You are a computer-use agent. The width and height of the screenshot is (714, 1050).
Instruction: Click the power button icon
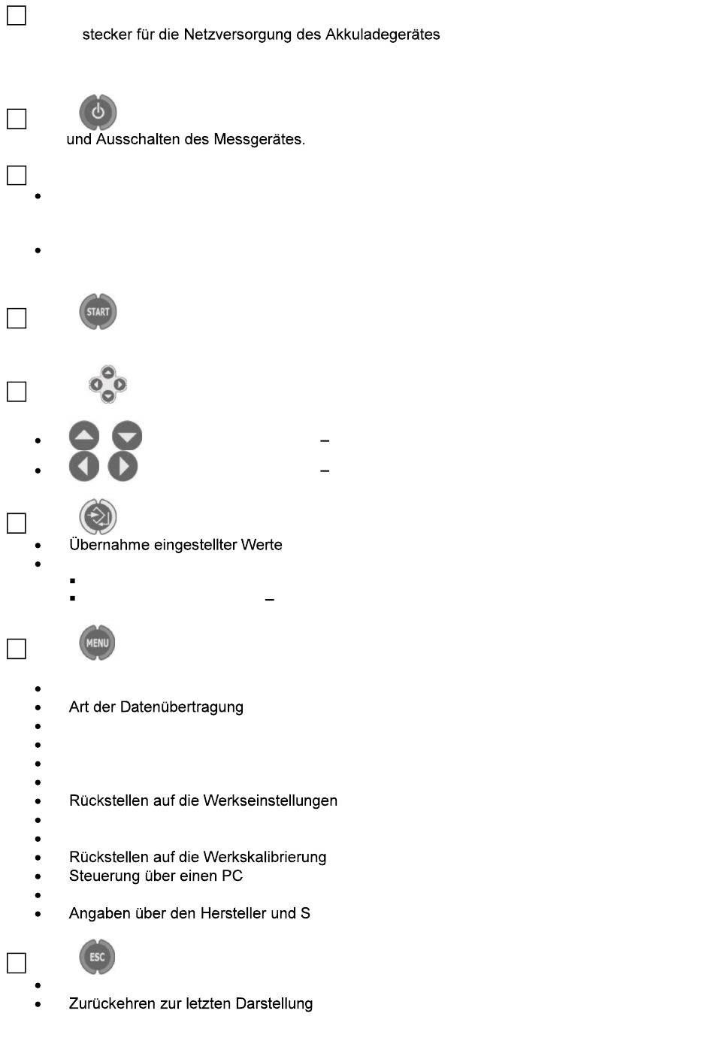(x=98, y=113)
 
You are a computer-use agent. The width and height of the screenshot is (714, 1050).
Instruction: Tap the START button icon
(x=98, y=312)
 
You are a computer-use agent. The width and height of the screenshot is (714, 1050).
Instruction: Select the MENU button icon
(x=97, y=643)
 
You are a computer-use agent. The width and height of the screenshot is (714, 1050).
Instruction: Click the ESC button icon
(x=97, y=957)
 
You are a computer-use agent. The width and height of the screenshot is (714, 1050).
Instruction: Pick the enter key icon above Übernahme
(x=98, y=517)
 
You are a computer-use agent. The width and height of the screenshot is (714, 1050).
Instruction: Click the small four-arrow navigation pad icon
(x=107, y=384)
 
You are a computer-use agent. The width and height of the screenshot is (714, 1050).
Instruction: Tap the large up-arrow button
(x=84, y=436)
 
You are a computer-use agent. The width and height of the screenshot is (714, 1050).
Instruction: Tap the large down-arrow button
(x=127, y=436)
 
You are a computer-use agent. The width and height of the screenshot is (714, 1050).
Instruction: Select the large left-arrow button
(x=84, y=467)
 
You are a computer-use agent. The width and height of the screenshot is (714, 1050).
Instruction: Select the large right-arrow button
(x=123, y=467)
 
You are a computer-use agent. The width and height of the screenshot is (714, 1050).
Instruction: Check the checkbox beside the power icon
(x=17, y=120)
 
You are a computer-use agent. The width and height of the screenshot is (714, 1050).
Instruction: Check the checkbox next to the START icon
(x=17, y=319)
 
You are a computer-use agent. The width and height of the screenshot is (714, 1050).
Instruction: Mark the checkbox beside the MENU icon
(x=17, y=649)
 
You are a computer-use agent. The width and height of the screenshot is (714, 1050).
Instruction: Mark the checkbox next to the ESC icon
(x=17, y=964)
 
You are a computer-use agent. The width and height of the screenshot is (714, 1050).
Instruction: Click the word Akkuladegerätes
(x=383, y=35)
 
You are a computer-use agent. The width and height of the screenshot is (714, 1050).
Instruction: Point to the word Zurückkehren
(x=113, y=1004)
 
